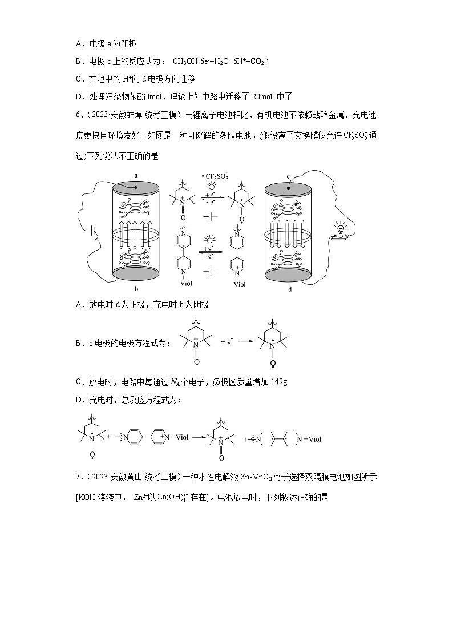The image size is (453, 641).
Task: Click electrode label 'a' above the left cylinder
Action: click(x=136, y=175)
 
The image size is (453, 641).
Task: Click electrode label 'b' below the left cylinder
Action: click(x=136, y=289)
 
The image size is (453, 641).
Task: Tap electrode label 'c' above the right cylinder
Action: click(x=289, y=175)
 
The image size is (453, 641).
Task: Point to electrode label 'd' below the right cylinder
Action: click(x=289, y=289)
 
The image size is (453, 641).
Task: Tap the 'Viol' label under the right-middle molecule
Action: click(x=240, y=284)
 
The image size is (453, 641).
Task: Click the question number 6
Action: click(x=78, y=115)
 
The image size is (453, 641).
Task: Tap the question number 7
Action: click(x=78, y=477)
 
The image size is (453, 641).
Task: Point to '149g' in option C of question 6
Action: click(x=278, y=381)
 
